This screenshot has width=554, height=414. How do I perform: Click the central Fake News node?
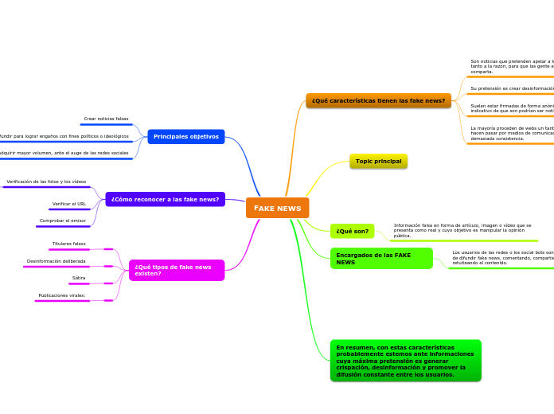click(x=277, y=208)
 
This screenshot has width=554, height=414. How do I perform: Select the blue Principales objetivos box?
click(x=185, y=137)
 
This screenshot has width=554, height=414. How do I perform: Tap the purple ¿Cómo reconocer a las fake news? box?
click(x=165, y=199)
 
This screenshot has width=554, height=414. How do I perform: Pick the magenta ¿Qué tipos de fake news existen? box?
click(x=176, y=271)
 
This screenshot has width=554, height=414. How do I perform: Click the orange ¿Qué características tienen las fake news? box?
click(x=378, y=101)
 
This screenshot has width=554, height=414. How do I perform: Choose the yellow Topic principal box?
click(x=378, y=162)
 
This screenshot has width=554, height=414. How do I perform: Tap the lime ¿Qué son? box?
click(x=352, y=232)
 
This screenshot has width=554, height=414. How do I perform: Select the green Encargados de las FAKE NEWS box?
click(x=380, y=259)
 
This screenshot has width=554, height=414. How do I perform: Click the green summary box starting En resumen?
click(x=405, y=361)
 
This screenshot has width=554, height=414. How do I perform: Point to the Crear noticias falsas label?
click(x=106, y=119)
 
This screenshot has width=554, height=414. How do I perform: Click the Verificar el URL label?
click(x=69, y=204)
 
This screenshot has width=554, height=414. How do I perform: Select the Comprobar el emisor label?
click(x=63, y=221)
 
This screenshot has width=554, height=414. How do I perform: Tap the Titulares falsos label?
click(x=69, y=244)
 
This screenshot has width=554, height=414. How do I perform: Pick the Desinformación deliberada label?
click(x=56, y=261)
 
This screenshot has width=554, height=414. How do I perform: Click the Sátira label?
click(x=79, y=278)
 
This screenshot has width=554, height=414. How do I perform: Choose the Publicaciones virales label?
click(x=62, y=295)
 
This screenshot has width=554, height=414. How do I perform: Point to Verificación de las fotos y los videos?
click(x=46, y=182)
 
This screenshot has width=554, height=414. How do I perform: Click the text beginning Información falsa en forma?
click(x=462, y=230)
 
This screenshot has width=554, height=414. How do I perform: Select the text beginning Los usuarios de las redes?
click(x=502, y=257)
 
